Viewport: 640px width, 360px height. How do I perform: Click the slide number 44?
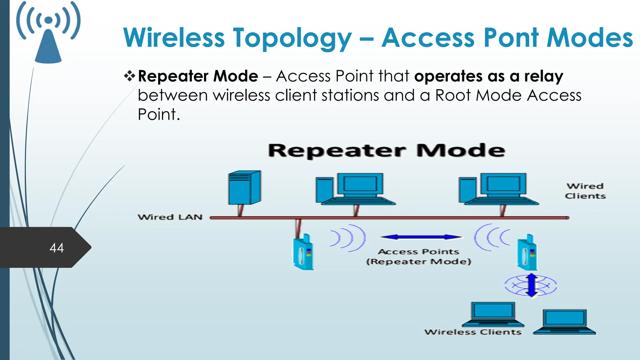tap(57, 248)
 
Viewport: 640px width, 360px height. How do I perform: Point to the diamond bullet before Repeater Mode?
tap(129, 76)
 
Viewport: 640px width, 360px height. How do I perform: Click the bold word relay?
tap(544, 76)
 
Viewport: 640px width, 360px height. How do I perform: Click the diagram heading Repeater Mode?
tap(387, 151)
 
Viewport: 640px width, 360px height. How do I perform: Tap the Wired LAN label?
tap(170, 217)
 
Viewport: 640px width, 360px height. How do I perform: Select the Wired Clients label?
tap(585, 191)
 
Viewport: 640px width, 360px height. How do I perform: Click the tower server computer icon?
tap(244, 187)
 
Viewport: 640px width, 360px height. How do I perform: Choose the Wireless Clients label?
tap(473, 332)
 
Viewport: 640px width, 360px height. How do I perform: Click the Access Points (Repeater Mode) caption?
tap(419, 257)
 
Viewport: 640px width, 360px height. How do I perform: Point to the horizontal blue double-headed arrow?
tap(421, 237)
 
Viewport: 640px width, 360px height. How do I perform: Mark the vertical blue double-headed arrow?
tap(531, 285)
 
